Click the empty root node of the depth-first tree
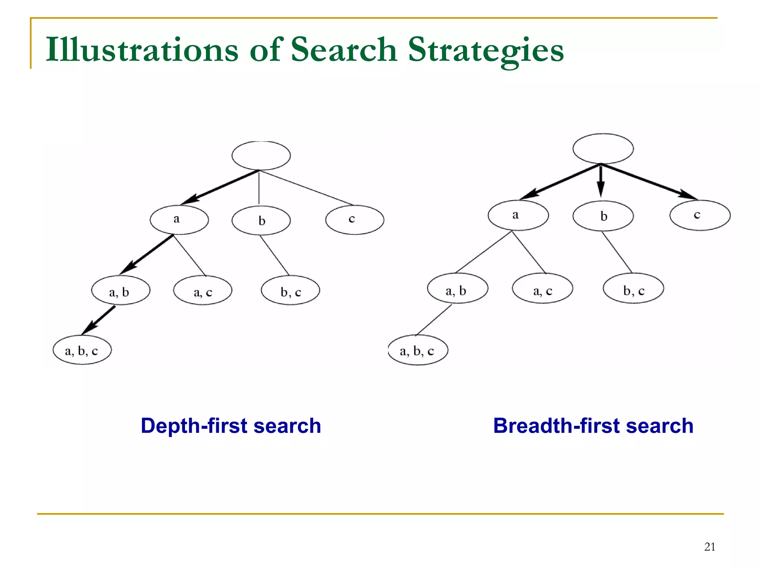point(261,155)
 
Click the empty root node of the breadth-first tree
point(603,149)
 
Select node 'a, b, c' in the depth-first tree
point(82,350)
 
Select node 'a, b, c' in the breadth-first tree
point(418,350)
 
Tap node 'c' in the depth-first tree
point(354,220)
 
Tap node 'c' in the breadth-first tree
point(700,215)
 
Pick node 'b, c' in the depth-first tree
point(290,290)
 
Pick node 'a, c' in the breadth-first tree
point(542,288)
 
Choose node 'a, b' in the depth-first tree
point(121,290)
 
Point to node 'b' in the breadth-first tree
point(603,216)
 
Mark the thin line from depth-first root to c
point(307,188)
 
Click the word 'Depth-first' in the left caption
point(194,426)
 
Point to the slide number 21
point(709,547)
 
